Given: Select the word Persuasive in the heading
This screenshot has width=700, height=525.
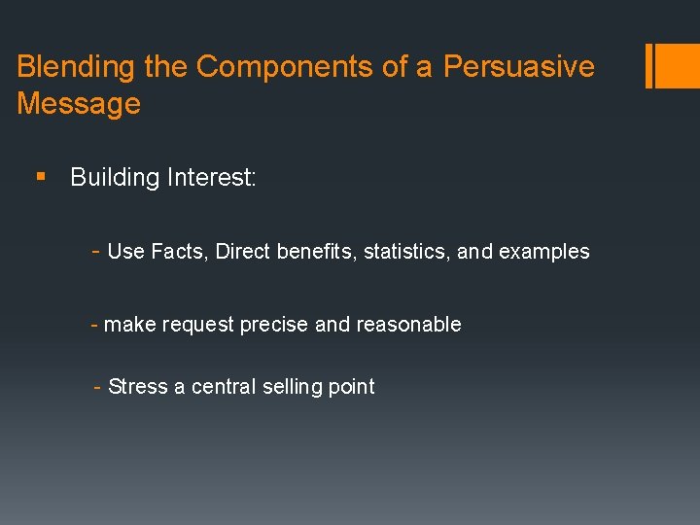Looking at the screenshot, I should [518, 67].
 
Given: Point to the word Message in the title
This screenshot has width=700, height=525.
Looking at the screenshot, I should [79, 104].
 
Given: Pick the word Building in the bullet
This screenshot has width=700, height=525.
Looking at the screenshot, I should [114, 178].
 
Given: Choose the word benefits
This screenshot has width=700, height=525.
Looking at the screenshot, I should [316, 252].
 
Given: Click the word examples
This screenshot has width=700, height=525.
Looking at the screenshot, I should [543, 252].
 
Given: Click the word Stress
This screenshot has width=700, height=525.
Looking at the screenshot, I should [138, 387].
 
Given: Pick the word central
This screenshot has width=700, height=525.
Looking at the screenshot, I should [222, 387].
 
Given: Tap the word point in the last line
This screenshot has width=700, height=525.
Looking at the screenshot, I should [351, 387].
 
